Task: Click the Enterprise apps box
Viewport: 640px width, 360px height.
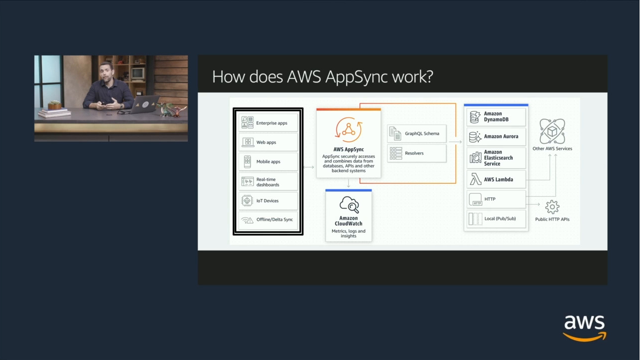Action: [268, 123]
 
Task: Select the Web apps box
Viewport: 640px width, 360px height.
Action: [268, 142]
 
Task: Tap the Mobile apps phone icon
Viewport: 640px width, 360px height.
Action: [247, 162]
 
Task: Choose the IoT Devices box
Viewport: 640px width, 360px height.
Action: [268, 201]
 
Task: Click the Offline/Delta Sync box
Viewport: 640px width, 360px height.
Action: [268, 220]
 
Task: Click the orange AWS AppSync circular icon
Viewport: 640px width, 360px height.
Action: [348, 129]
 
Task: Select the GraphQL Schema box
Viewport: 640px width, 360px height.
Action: [416, 134]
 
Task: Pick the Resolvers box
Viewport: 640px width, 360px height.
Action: [416, 153]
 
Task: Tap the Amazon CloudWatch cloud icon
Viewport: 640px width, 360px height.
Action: [349, 205]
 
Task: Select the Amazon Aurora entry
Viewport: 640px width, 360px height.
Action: [496, 136]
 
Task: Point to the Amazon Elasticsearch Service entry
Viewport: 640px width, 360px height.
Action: [496, 158]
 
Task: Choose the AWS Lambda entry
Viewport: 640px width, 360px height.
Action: [496, 179]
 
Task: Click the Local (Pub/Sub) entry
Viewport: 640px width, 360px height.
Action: [496, 219]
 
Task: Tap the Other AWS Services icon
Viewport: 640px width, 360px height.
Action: [552, 131]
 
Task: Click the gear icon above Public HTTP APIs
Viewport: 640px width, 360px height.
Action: [552, 206]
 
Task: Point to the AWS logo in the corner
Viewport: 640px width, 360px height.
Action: [584, 327]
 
